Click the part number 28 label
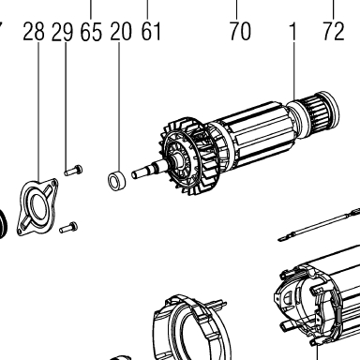point(34,32)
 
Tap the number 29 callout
point(62,32)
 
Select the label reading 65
point(91,32)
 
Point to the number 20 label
point(121,32)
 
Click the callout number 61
point(151,31)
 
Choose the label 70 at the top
point(240,31)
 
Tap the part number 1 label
point(292,31)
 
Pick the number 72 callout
point(333,31)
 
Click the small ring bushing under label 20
point(116,180)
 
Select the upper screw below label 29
point(73,171)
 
